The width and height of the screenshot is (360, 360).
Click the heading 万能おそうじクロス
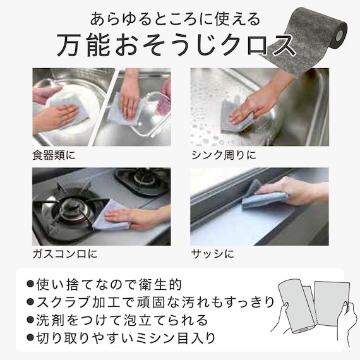[x=176, y=44]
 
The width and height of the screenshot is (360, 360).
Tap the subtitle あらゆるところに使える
[x=175, y=19]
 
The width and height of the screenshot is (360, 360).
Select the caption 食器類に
[x=54, y=155]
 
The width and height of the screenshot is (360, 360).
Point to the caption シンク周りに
[x=224, y=155]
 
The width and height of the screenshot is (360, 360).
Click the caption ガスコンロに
[x=65, y=254]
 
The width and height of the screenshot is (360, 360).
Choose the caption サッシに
[x=213, y=254]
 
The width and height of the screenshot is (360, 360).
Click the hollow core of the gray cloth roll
[x=339, y=35]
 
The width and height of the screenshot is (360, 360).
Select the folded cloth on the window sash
[x=261, y=195]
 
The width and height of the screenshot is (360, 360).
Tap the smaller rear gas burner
[x=142, y=180]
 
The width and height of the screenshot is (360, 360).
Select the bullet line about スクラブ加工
[x=150, y=302]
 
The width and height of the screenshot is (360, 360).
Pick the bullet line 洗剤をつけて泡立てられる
[x=117, y=320]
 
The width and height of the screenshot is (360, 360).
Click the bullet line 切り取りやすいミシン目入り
[x=121, y=338]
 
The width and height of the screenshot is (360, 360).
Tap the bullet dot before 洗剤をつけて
[x=30, y=320]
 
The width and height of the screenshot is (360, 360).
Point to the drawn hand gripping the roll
[x=281, y=318]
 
